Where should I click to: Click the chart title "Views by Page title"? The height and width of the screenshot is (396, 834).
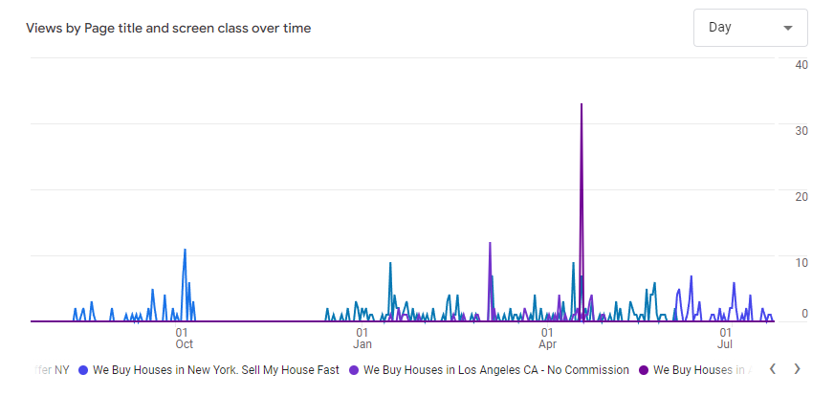pos(168,28)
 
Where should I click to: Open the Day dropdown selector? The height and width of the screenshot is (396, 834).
pos(750,28)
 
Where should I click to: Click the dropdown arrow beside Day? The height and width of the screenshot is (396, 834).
pos(788,28)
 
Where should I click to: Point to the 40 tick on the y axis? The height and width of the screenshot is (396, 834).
pos(801,64)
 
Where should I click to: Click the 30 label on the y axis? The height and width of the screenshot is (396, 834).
pos(801,130)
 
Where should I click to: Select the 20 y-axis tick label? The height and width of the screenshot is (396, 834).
pos(801,196)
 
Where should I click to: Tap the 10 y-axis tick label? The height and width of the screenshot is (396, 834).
pos(801,261)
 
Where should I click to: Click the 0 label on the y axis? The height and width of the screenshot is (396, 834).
pos(805,313)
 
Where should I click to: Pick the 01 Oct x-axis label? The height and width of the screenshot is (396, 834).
pos(184,338)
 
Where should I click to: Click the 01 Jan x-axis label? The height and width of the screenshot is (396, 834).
pos(362,338)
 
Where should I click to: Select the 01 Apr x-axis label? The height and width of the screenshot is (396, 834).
pos(548,338)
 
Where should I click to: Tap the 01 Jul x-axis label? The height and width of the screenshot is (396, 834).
pos(725,338)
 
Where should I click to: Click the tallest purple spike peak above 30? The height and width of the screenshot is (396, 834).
pos(582,104)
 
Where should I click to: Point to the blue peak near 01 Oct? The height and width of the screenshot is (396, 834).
pos(185,250)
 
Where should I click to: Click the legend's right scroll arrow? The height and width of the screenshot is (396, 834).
pos(797,368)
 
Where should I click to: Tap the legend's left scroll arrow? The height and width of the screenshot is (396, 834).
pos(772,368)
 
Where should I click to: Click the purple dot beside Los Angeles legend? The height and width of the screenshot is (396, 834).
pos(354,369)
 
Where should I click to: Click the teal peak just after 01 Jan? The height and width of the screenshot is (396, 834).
pos(390,263)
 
